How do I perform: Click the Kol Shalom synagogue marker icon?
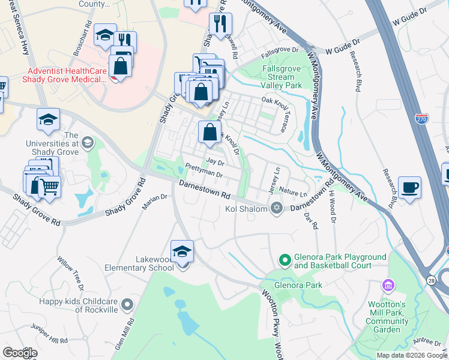(276, 208)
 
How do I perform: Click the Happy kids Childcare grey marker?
(126, 305)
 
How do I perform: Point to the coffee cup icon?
(409, 187)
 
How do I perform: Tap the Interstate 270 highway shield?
(421, 121)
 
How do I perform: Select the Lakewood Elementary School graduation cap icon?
(182, 251)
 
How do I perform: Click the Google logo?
(20, 352)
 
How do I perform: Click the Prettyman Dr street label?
(204, 172)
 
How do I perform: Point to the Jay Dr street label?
(214, 162)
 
